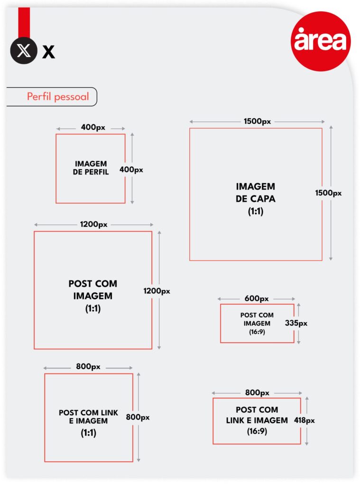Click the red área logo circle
[x=321, y=41]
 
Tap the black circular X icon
[x=24, y=50]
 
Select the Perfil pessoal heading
[x=58, y=97]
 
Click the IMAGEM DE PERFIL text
[x=91, y=168]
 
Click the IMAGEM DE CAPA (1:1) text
[x=256, y=199]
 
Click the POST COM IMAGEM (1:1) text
[x=93, y=296]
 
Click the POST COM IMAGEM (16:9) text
[x=257, y=323]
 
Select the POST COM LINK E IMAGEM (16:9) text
[x=257, y=421]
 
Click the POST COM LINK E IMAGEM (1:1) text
[x=89, y=423]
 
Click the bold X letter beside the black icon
[x=49, y=51]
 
